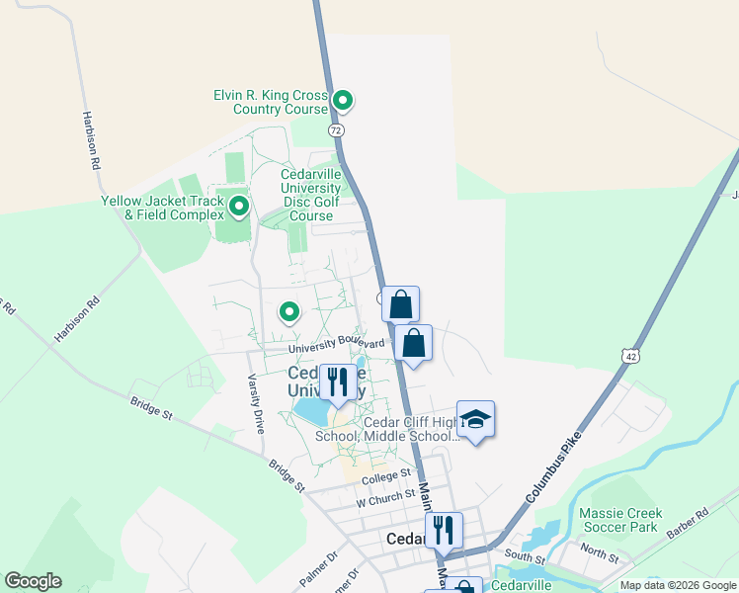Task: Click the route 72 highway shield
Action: (x=337, y=129)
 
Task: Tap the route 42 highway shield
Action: (x=629, y=355)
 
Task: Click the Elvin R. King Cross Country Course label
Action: (x=271, y=102)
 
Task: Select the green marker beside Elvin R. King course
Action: (x=343, y=100)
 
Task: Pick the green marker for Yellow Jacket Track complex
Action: (x=238, y=207)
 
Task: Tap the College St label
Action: (x=384, y=477)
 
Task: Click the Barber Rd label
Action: (x=688, y=517)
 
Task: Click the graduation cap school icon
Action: (x=475, y=420)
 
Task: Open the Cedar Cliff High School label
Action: (x=386, y=429)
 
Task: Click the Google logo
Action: (x=33, y=581)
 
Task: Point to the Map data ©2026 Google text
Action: (x=678, y=585)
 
